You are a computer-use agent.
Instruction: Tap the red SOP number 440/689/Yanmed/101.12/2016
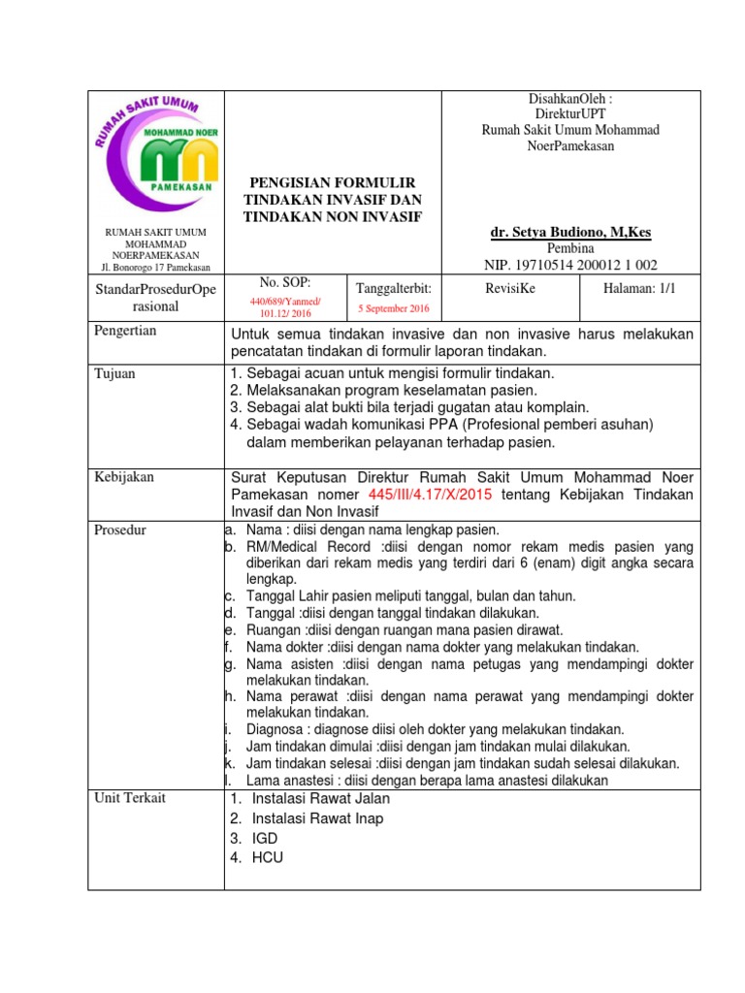[284, 307]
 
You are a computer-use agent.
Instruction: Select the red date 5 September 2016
[393, 308]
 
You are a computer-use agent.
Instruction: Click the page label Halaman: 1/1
[638, 288]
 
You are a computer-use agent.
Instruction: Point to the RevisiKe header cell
[510, 288]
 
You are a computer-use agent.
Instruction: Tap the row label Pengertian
[125, 331]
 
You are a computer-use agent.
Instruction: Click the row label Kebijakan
[123, 477]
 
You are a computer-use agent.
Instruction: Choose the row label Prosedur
[120, 529]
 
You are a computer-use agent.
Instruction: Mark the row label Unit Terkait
[130, 797]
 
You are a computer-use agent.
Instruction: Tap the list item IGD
[265, 838]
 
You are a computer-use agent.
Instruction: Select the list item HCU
[268, 857]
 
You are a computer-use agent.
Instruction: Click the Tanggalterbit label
[393, 288]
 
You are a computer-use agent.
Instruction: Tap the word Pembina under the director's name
[570, 248]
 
